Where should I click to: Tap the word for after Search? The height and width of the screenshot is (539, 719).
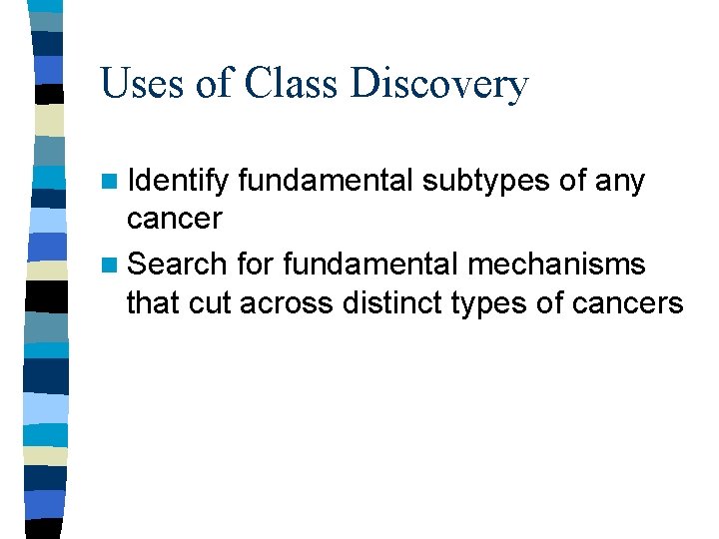tap(258, 265)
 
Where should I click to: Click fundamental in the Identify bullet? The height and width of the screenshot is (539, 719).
tap(326, 183)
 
